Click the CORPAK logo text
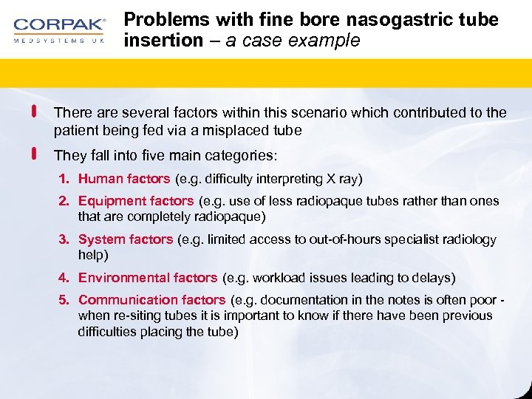(x=58, y=24)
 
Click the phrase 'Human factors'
(x=124, y=179)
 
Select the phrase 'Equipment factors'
(x=136, y=201)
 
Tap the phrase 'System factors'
(x=126, y=239)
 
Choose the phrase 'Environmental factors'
(x=148, y=278)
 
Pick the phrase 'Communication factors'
(x=151, y=300)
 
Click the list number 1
(x=64, y=179)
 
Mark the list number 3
(x=64, y=239)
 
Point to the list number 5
(x=64, y=300)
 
